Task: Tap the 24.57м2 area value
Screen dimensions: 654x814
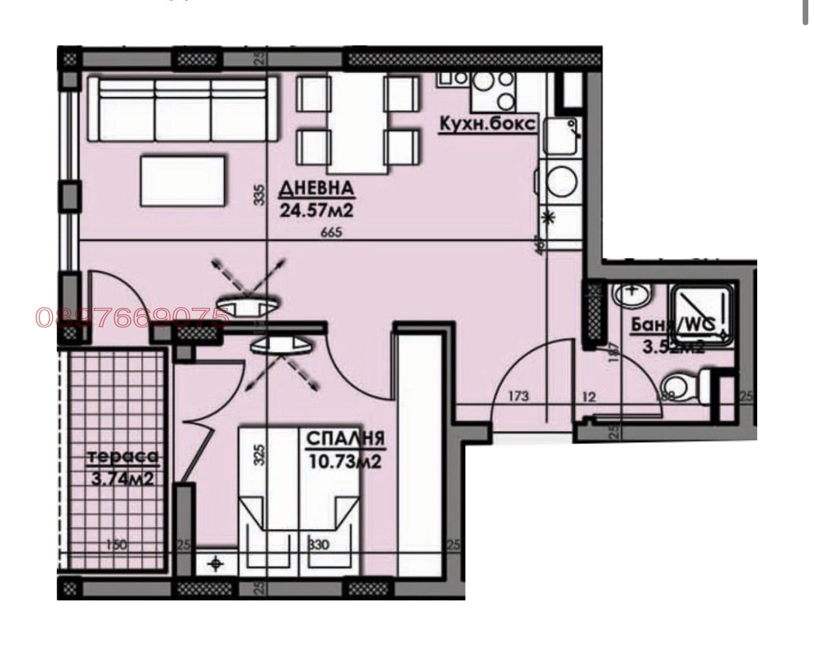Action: click(316, 209)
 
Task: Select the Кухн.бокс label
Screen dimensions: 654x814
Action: click(488, 124)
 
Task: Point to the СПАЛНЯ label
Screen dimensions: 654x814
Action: click(345, 438)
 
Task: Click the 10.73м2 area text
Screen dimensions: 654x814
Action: click(345, 462)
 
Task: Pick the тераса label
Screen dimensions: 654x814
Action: click(122, 457)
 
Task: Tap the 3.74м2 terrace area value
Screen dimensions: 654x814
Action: click(122, 479)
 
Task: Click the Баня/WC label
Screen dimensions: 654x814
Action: click(672, 325)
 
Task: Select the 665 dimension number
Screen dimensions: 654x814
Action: click(331, 233)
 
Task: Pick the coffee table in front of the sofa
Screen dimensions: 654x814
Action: click(183, 181)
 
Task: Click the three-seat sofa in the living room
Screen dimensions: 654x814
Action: click(183, 108)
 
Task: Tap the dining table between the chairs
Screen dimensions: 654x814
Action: click(357, 123)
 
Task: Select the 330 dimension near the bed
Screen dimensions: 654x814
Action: click(319, 544)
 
